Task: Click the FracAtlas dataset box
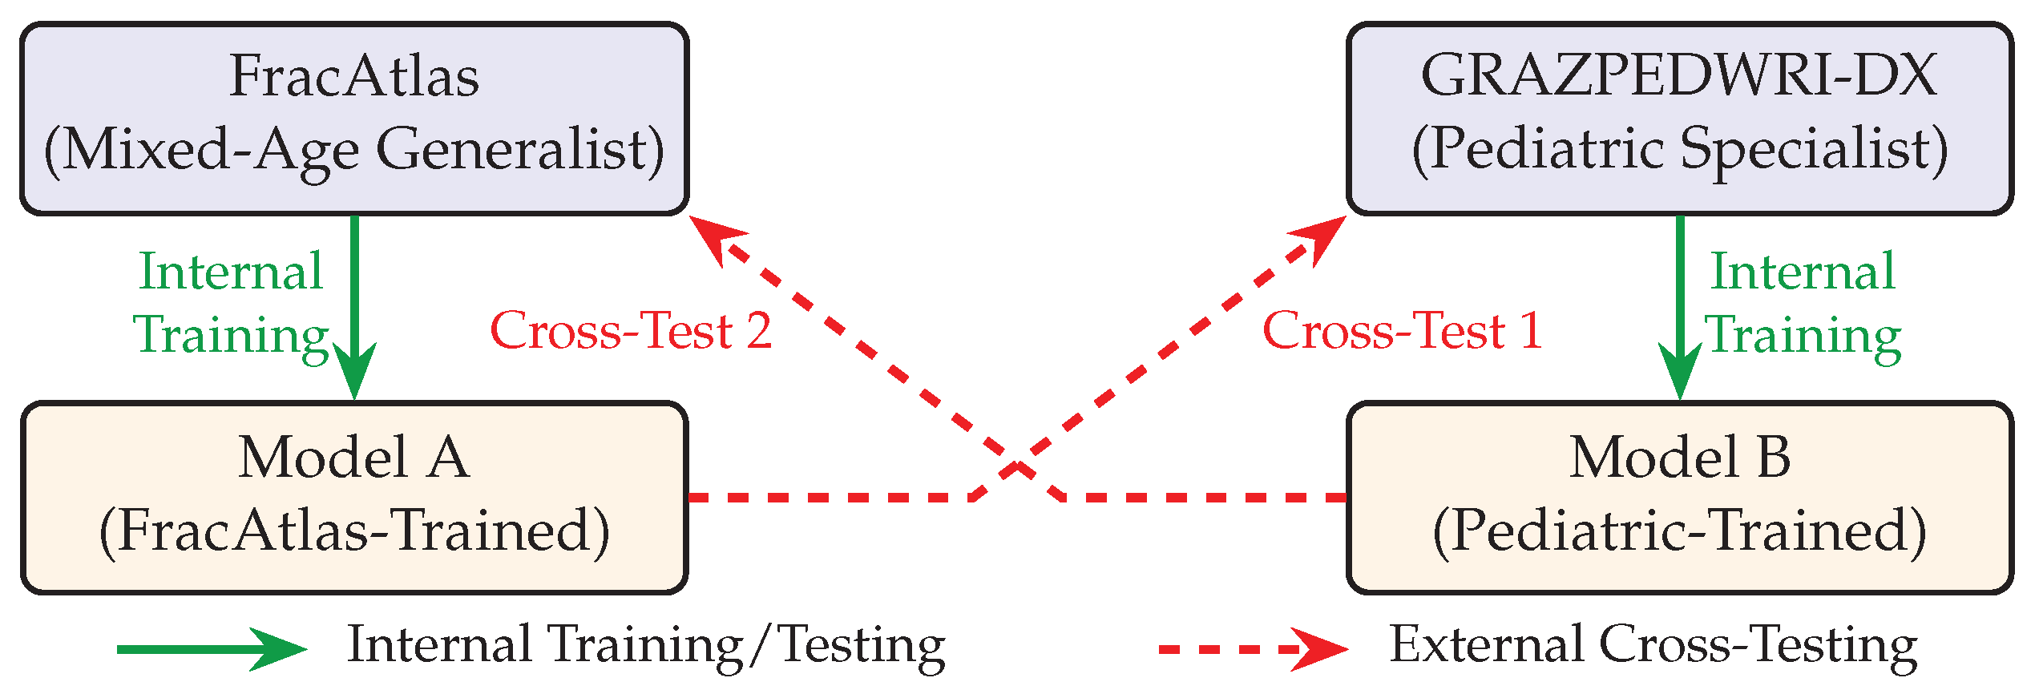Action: click(354, 119)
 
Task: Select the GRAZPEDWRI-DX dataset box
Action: click(1681, 119)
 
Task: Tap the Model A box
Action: click(354, 498)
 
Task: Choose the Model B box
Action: click(1681, 498)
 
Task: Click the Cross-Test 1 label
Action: click(1403, 330)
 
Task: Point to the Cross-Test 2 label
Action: click(631, 330)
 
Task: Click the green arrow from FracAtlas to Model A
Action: click(354, 308)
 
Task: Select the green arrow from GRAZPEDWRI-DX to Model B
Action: click(1680, 308)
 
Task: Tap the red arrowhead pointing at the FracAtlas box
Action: click(715, 236)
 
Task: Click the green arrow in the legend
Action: click(212, 649)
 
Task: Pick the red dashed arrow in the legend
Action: click(1254, 649)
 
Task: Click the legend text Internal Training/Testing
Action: click(646, 646)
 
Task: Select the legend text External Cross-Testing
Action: click(1653, 646)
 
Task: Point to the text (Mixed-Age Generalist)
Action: click(354, 151)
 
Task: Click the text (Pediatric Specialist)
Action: click(1681, 151)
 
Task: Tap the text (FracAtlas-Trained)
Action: click(354, 532)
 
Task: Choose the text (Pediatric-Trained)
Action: click(1681, 532)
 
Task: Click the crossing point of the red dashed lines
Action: click(1017, 466)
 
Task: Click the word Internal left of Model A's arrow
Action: click(232, 272)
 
